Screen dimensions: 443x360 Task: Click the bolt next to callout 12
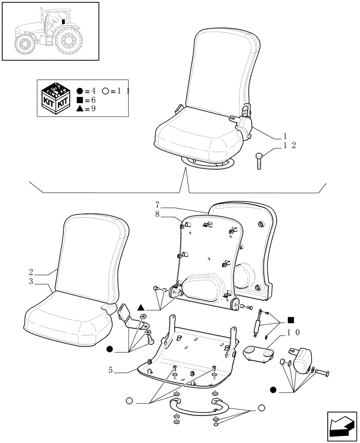click(x=259, y=160)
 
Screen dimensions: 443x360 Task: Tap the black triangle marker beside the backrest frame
click(x=141, y=307)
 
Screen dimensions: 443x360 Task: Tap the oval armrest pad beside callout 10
click(x=259, y=353)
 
